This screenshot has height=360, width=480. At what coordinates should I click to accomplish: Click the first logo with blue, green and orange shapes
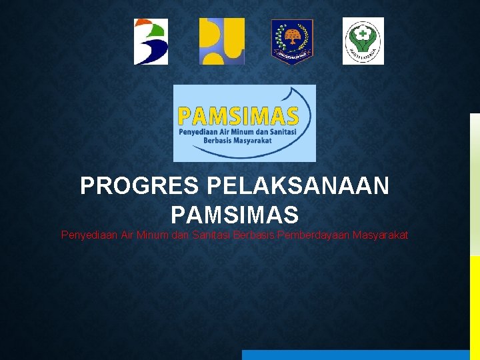(x=151, y=41)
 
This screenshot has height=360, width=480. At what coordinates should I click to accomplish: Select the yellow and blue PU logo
(x=222, y=41)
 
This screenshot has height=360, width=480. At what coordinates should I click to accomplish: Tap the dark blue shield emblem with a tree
(x=292, y=41)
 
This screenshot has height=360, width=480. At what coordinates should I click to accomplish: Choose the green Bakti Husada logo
(x=363, y=41)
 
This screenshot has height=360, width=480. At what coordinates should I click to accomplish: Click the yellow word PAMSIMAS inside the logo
(x=238, y=117)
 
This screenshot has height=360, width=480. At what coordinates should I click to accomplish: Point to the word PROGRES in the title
(x=140, y=186)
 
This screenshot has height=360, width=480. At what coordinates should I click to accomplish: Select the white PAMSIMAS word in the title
(x=235, y=215)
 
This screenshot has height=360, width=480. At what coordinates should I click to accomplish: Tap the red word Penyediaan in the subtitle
(x=87, y=235)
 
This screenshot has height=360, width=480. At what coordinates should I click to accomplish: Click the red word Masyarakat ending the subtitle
(x=381, y=235)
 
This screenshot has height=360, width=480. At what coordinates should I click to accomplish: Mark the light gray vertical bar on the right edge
(x=475, y=183)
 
